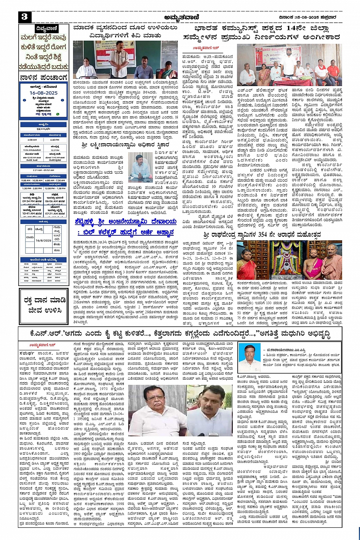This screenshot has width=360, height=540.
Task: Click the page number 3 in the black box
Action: click(x=24, y=16)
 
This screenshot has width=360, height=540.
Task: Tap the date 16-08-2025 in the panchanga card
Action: click(x=43, y=93)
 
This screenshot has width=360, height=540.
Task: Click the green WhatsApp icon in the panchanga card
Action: click(x=58, y=114)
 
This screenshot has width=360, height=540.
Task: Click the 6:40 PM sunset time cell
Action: click(x=54, y=140)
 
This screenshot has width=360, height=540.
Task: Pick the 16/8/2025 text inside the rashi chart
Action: click(x=43, y=241)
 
